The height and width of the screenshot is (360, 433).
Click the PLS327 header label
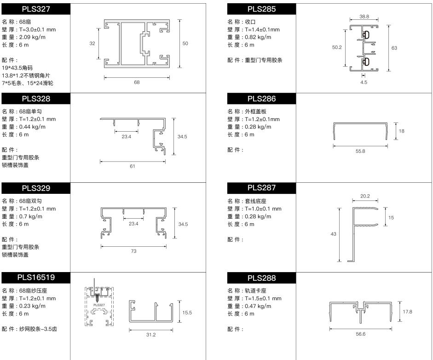coord(36,9)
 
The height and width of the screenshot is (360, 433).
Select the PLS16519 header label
coord(36,278)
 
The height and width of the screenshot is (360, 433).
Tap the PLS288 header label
coord(261,278)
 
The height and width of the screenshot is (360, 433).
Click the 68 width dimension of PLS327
coord(137,82)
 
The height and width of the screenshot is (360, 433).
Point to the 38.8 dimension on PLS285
coord(364,17)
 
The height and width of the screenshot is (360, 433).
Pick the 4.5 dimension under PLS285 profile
coord(364,82)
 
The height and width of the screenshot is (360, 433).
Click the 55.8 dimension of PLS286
coord(360,151)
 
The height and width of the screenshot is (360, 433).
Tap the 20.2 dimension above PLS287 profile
coord(365,196)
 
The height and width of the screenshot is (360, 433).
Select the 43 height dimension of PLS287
coord(333,234)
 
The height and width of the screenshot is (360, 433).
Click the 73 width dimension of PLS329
coord(133,251)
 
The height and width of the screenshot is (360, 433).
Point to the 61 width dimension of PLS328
coord(132,166)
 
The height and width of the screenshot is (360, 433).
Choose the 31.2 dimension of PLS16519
coord(151,335)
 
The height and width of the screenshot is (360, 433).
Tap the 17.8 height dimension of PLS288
coord(407,312)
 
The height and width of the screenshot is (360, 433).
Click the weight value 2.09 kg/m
coord(32,37)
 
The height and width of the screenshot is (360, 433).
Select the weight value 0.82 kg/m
coord(258,37)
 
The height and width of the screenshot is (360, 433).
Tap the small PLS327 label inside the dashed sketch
coord(99,305)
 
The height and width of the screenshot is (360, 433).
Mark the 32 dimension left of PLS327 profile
coord(92,43)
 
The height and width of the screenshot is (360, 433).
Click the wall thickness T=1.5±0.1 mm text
coord(263,298)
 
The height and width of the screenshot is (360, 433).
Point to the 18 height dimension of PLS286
coord(402,131)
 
